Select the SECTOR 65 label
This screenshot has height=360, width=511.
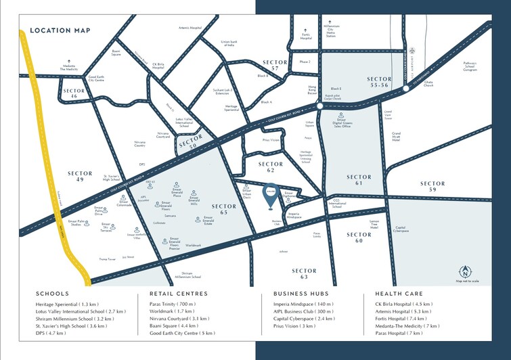(x=224, y=209)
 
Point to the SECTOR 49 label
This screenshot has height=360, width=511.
(x=80, y=177)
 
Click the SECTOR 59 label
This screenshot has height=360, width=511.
(x=432, y=187)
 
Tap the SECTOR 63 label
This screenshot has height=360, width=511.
(x=305, y=273)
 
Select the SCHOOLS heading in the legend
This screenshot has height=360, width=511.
(x=53, y=294)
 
